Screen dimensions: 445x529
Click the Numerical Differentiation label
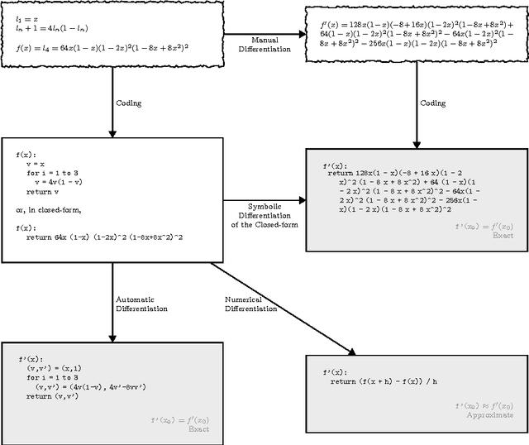tap(251, 304)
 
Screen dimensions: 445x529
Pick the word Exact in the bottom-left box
tap(199, 429)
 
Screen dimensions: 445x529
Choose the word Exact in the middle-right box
tap(503, 236)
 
